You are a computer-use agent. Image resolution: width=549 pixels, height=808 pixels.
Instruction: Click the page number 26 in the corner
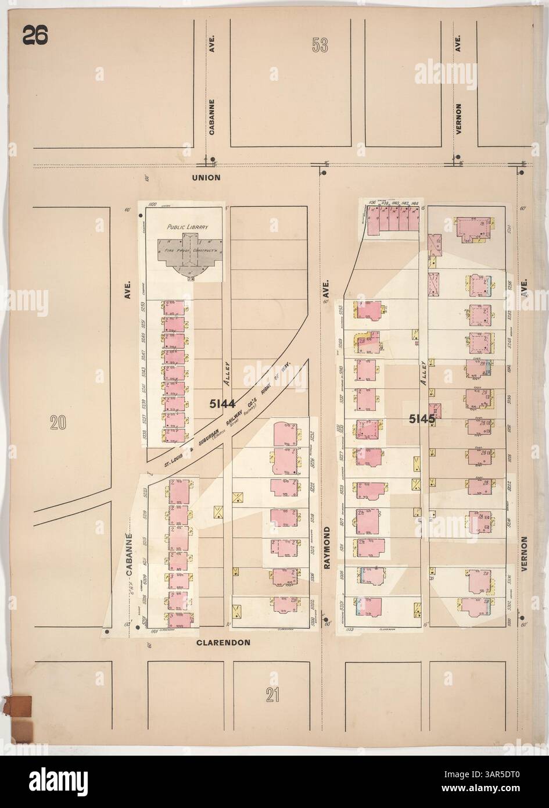(x=36, y=35)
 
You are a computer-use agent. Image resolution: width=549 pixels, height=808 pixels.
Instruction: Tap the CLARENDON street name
(x=223, y=643)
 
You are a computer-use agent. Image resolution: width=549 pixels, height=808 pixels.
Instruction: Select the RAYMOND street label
(x=326, y=548)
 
